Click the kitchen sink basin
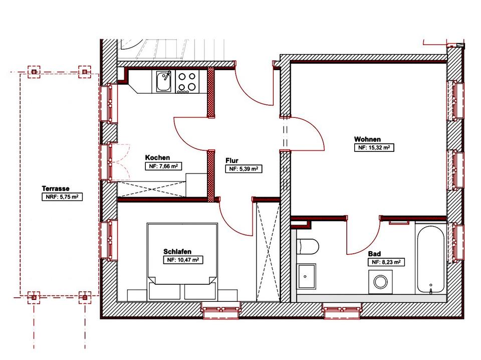(x=163, y=81)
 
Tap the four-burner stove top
(x=187, y=82)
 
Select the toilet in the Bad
(x=308, y=247)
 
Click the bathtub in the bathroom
(x=430, y=259)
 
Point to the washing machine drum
(x=380, y=282)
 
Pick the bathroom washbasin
(x=307, y=276)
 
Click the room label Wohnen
(x=367, y=139)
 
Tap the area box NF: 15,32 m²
(x=374, y=147)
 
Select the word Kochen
(x=157, y=157)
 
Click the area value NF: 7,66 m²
(x=163, y=166)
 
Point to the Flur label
(x=232, y=160)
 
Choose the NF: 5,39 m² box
(x=244, y=169)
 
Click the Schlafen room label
(x=177, y=252)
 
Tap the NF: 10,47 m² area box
(x=183, y=260)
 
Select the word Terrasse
(x=56, y=189)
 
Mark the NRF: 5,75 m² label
(x=62, y=197)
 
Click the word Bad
(x=375, y=254)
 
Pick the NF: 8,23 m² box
(x=386, y=262)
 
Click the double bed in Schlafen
(x=182, y=262)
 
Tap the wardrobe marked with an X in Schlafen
(x=268, y=251)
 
